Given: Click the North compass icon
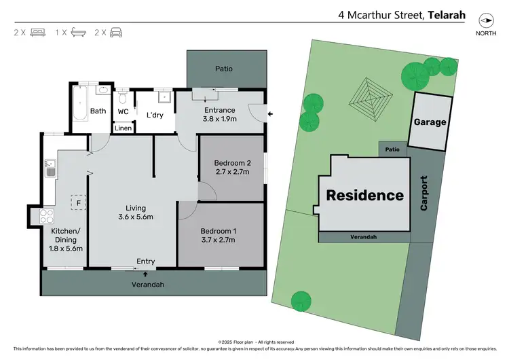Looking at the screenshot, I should [x=485, y=21].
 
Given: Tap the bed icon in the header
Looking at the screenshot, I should [x=37, y=32].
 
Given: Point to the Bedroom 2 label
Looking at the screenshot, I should [x=232, y=163].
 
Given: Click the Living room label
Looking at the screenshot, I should [x=136, y=209].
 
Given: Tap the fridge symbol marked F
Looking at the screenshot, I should [x=79, y=202].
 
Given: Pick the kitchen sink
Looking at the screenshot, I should [x=50, y=167].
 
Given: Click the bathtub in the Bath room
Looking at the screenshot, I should [x=80, y=102].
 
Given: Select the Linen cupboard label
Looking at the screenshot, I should [x=123, y=128].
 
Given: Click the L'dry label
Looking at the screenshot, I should [x=155, y=115].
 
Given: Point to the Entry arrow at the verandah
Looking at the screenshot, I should [x=146, y=272].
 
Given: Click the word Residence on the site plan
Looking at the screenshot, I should [x=365, y=196].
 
